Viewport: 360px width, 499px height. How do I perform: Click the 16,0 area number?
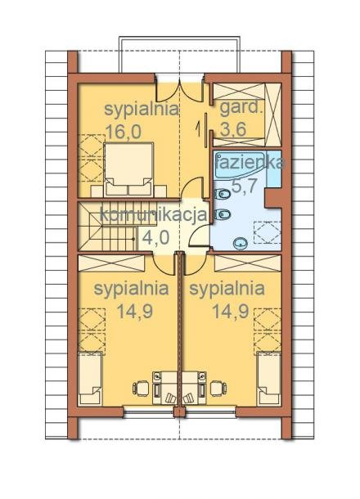[124, 132]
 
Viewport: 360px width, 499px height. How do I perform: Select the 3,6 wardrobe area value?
[233, 129]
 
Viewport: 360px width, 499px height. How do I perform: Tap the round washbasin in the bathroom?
[241, 244]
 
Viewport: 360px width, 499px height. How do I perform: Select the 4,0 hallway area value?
[155, 237]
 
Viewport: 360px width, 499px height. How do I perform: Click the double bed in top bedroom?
[129, 169]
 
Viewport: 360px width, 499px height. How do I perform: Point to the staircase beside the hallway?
[108, 227]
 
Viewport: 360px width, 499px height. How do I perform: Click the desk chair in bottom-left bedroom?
[141, 388]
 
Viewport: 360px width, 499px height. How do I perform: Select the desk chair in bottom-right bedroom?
[219, 388]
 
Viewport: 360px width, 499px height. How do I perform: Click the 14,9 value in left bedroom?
[135, 311]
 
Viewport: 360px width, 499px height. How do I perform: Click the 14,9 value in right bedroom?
[231, 311]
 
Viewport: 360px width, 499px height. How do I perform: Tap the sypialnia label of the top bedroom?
[142, 110]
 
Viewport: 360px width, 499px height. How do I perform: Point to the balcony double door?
[180, 89]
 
